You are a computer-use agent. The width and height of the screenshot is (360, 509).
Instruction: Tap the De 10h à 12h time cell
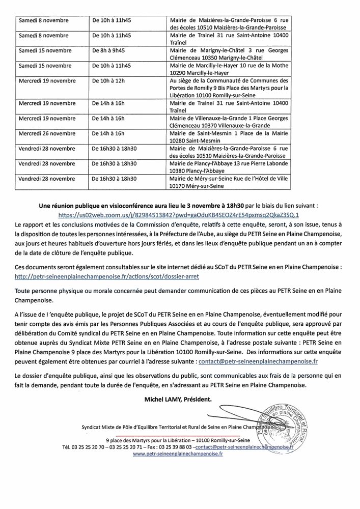(x=108, y=80)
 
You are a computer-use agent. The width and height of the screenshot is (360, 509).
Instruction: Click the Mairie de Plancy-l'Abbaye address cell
(x=229, y=168)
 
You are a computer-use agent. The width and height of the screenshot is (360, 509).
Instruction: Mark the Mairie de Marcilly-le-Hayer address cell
(x=229, y=69)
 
